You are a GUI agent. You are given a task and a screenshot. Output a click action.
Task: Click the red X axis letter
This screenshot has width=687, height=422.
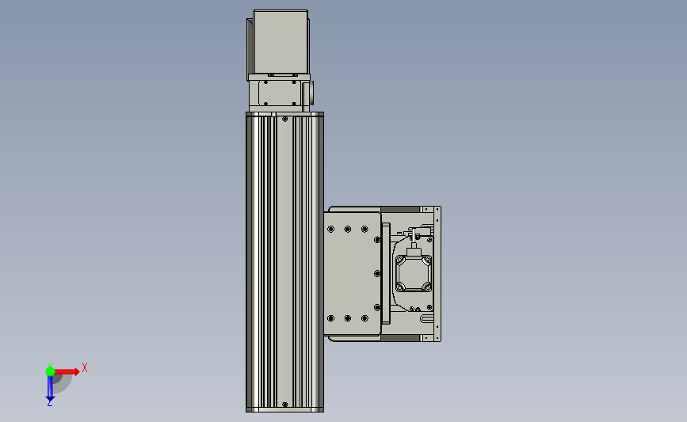[85, 367]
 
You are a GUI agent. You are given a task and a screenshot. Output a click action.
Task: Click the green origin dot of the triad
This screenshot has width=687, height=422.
[50, 371]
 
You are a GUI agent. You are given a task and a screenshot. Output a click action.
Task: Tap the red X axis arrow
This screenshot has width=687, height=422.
[67, 371]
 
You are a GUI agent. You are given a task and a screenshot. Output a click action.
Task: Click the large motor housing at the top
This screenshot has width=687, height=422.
[281, 42]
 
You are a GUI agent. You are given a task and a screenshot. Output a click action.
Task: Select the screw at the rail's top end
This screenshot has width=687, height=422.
[284, 119]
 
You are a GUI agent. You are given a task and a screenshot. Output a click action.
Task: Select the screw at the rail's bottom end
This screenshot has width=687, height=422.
[284, 405]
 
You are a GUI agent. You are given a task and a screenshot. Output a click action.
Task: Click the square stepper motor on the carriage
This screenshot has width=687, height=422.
[413, 274]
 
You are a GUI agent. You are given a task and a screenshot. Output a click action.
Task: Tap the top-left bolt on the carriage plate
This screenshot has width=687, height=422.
[330, 229]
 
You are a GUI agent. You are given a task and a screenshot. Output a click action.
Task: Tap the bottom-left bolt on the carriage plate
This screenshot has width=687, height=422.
[330, 318]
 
